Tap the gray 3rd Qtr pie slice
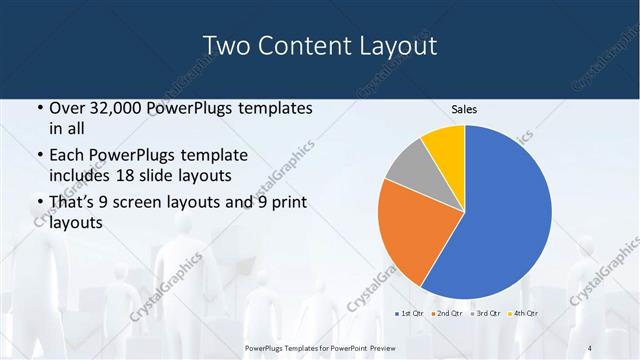[x=409, y=170]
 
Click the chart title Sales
[x=464, y=109]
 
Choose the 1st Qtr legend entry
[x=410, y=313]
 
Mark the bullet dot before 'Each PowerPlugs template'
[x=39, y=157]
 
